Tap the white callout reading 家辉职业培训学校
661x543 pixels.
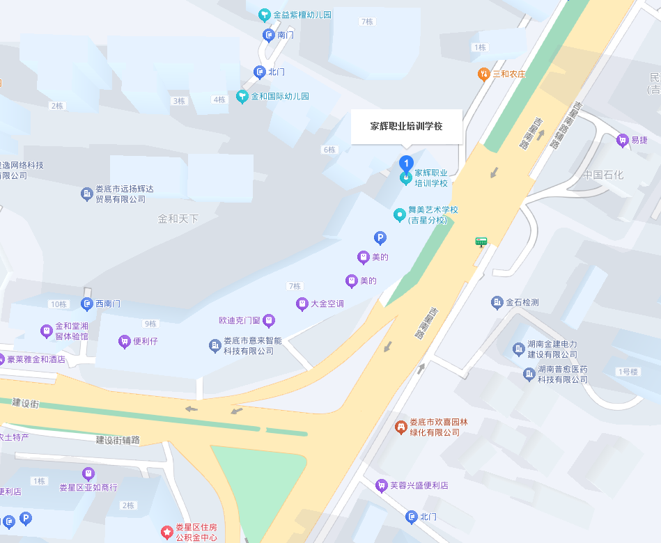(406, 127)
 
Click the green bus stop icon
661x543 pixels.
(481, 242)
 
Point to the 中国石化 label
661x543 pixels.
(603, 175)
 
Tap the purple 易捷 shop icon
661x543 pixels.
(622, 141)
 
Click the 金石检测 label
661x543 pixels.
(522, 303)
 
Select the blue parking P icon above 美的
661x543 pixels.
(380, 238)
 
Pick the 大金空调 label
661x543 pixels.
(327, 304)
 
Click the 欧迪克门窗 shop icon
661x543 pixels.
(269, 321)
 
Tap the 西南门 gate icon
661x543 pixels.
(87, 304)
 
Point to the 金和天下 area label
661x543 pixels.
(178, 219)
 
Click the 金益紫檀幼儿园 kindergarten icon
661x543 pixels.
(264, 15)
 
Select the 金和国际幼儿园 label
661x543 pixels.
(279, 97)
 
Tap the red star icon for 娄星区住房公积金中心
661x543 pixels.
(167, 533)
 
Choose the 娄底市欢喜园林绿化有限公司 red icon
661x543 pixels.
(400, 426)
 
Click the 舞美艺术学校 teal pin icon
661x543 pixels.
(400, 214)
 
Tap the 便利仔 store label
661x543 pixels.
(146, 342)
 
